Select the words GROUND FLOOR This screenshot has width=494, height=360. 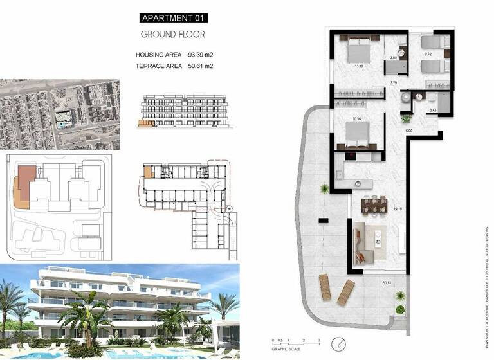tap(172, 34)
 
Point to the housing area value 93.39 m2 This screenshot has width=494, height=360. tap(200, 55)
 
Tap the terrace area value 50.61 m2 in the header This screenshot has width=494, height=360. tap(200, 66)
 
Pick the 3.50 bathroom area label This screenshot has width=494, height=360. tap(394, 59)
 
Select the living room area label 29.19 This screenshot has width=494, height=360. tap(398, 210)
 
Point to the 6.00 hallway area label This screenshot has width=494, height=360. tap(408, 131)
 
